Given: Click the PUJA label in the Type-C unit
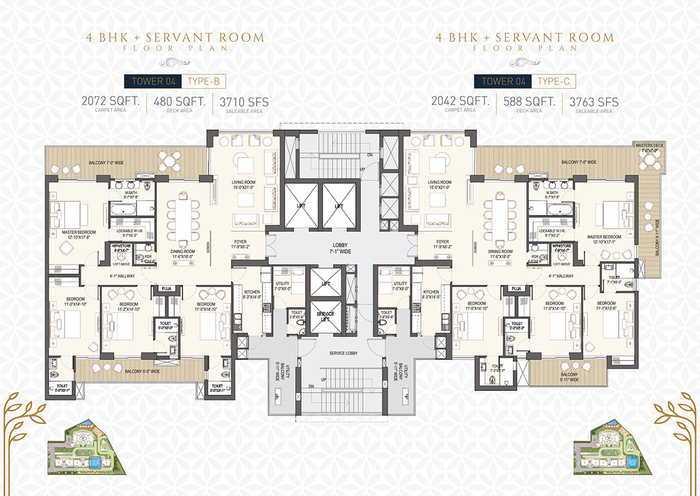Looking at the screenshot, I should click(x=515, y=289).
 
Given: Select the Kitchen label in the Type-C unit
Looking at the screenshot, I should click(x=431, y=294).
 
